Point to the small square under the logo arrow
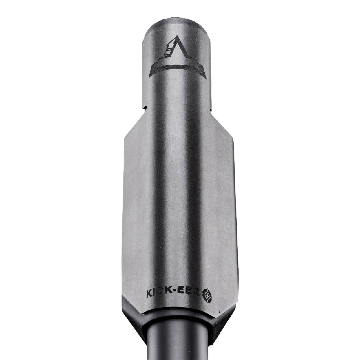click(x=167, y=53)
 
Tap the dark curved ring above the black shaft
click(x=180, y=317)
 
